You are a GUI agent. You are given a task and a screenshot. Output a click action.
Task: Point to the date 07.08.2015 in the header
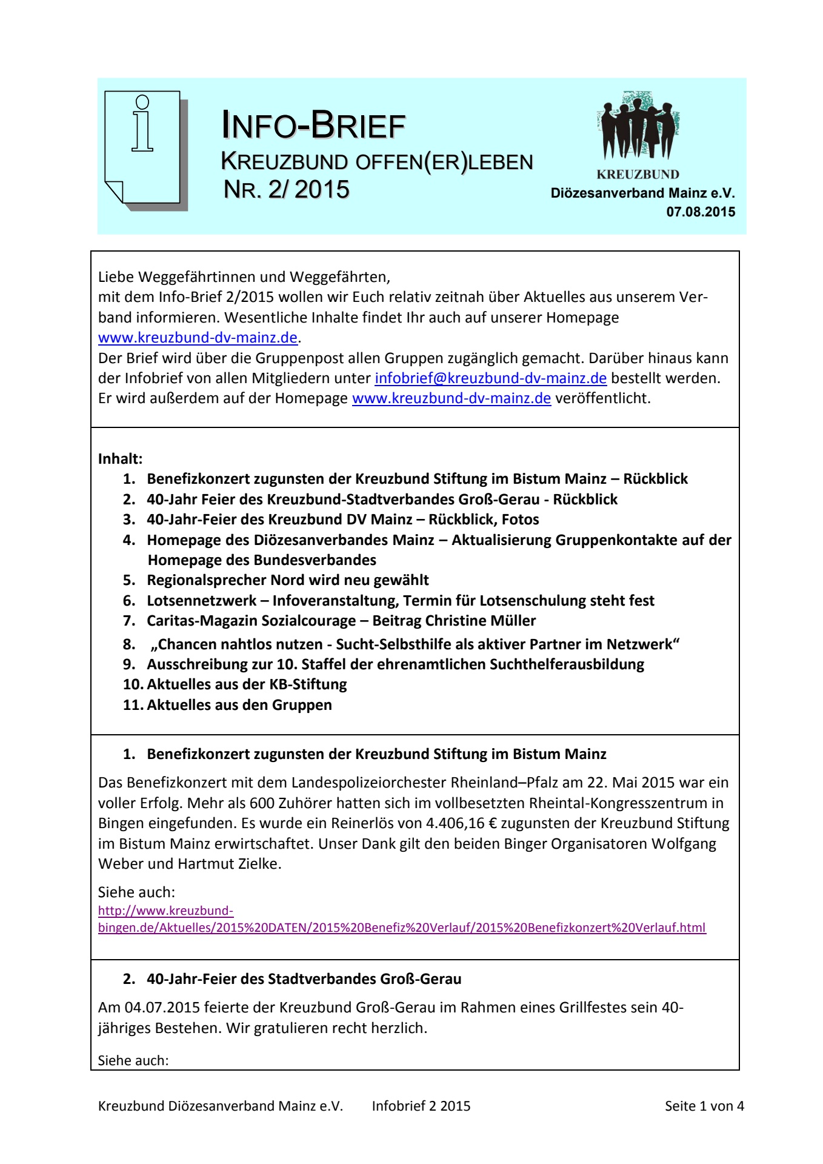pyautogui.click(x=701, y=212)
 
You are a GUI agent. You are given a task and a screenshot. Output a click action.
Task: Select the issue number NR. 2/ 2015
pyautogui.click(x=286, y=189)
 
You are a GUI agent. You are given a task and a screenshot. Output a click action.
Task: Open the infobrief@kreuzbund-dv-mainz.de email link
pyautogui.click(x=490, y=378)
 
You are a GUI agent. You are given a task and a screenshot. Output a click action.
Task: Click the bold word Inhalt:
pyautogui.click(x=120, y=458)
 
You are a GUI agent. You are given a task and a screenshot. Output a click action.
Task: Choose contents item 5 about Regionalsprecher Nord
pyautogui.click(x=287, y=580)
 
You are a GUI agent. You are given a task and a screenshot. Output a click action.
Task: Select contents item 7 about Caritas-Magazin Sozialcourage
pyautogui.click(x=341, y=621)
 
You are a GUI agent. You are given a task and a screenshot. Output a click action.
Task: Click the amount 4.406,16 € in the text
pyautogui.click(x=461, y=823)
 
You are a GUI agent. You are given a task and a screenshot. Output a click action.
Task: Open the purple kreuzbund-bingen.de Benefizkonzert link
pyautogui.click(x=401, y=928)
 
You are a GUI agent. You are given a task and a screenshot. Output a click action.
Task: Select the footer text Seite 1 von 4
pyautogui.click(x=704, y=1106)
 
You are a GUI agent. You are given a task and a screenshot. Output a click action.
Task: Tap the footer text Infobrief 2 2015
pyautogui.click(x=421, y=1106)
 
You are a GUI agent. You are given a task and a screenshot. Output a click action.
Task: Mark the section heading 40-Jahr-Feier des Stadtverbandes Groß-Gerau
pyautogui.click(x=304, y=979)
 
